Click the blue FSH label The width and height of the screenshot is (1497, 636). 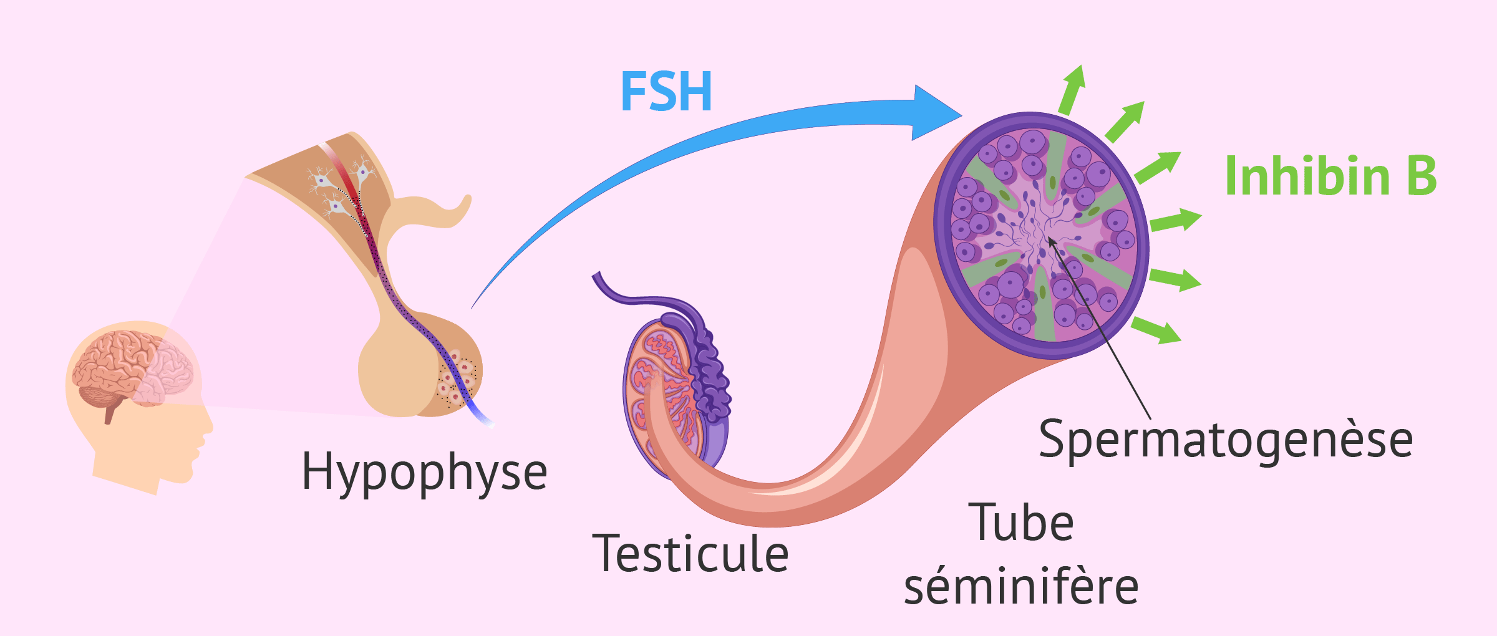click(x=666, y=92)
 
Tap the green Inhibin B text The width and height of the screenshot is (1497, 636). click(x=1330, y=176)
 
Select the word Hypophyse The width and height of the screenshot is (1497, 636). click(x=424, y=473)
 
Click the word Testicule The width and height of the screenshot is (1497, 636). click(x=690, y=554)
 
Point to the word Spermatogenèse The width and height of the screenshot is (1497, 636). click(x=1226, y=440)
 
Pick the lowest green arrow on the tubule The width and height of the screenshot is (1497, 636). click(x=1157, y=330)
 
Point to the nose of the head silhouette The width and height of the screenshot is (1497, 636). click(x=208, y=426)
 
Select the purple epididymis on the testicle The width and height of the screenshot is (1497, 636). click(x=711, y=368)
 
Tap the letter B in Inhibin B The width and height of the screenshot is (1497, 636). click(x=1422, y=176)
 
